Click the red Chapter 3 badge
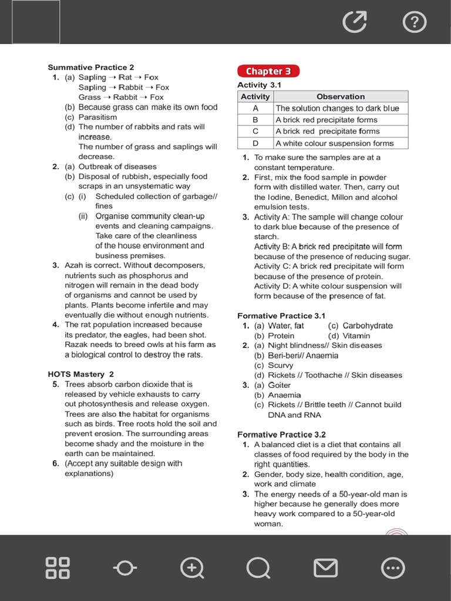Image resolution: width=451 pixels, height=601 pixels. (268, 71)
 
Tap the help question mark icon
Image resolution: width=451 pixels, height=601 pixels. (415, 22)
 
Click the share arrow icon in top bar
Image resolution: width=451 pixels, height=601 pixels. (355, 22)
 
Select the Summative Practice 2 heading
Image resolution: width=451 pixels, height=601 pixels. (90, 67)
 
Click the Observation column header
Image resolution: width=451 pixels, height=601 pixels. (341, 96)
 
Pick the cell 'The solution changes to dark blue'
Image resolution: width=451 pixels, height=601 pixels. (337, 108)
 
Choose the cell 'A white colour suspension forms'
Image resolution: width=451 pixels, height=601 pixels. (334, 143)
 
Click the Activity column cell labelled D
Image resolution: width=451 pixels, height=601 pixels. (255, 143)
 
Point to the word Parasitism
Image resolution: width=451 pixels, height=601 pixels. (97, 117)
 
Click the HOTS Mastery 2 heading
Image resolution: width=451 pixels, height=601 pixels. (80, 374)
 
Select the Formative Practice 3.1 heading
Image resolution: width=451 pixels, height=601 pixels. (281, 316)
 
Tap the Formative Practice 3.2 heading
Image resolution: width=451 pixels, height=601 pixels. (281, 434)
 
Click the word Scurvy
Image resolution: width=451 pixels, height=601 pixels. (281, 365)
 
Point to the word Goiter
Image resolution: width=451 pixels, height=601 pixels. (280, 385)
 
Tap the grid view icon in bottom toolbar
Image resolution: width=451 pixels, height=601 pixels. (58, 568)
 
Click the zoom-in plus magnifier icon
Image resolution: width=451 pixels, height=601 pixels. (192, 568)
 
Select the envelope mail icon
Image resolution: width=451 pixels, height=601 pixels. (325, 568)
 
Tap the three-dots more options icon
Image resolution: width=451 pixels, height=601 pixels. (392, 568)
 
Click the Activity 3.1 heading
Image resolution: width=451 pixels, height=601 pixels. (259, 85)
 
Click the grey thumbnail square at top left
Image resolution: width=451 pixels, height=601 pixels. (36, 22)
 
